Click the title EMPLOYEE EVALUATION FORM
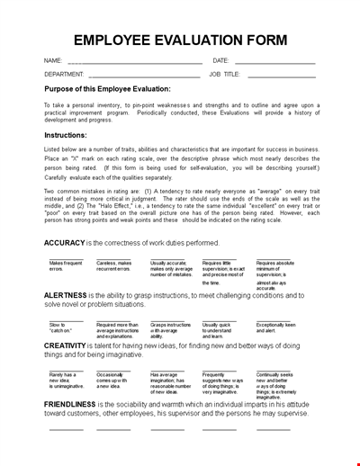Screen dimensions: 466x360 (180, 40)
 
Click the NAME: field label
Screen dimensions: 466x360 (52, 61)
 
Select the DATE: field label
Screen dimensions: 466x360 (221, 61)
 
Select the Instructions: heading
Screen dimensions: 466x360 (69, 133)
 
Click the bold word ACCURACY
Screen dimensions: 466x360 (64, 243)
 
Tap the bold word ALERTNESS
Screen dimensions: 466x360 (66, 294)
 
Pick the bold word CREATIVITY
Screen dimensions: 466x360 (66, 345)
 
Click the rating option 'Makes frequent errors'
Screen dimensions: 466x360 (67, 266)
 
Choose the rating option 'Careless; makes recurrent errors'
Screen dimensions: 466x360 (114, 266)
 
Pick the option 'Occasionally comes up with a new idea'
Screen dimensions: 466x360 (114, 380)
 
